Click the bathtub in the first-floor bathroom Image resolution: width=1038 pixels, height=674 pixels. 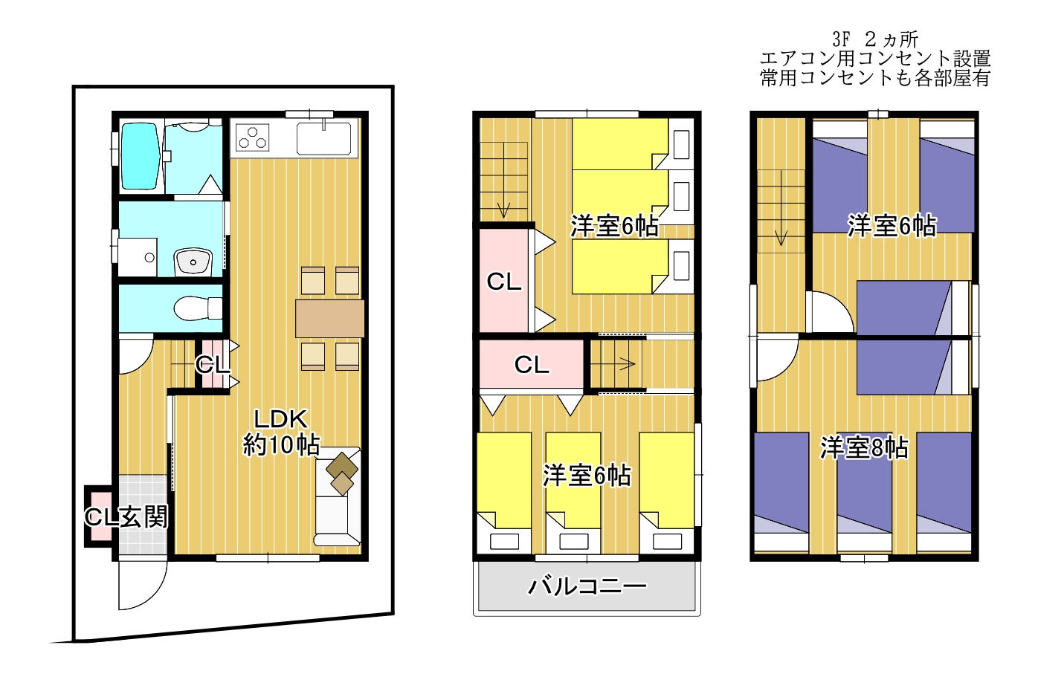point(140,155)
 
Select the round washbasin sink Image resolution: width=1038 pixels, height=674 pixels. point(193,262)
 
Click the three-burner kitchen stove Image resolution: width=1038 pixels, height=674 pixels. point(253,137)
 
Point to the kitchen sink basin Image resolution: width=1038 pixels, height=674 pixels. point(323,138)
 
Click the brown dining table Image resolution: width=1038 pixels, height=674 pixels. point(329,319)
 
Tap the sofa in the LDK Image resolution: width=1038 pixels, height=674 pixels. point(338,496)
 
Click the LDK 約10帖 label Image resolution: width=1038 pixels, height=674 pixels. point(281,432)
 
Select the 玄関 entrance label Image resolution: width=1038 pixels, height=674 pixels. point(144,516)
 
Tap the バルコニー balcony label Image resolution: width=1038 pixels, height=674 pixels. point(587,586)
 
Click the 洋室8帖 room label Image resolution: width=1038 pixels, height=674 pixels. point(864,447)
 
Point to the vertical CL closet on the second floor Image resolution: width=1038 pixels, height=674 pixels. point(503,281)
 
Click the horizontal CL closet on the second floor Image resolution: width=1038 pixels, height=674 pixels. point(531,364)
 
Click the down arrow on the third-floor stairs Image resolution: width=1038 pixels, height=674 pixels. point(781,207)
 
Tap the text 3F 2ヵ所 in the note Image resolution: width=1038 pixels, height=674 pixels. point(875,39)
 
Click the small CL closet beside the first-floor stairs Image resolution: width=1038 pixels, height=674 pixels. point(212,365)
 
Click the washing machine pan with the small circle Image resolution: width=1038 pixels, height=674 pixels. point(138,257)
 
